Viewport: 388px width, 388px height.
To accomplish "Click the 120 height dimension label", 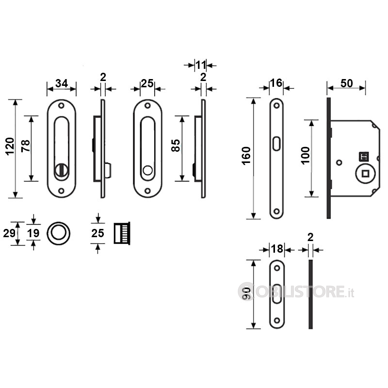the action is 10,146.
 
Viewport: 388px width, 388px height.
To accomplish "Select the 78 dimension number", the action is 26,146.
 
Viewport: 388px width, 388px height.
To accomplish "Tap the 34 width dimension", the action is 62,83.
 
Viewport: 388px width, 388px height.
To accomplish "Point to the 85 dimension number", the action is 176,145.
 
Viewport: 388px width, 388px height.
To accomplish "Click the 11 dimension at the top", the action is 200,65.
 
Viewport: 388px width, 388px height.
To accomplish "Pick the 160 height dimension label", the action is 246,156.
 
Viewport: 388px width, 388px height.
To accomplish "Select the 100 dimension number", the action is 306,155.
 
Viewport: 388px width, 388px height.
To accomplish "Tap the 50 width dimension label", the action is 346,83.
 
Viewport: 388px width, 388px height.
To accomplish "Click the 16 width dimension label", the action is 276,83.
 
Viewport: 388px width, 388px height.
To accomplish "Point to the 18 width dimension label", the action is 277,249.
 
